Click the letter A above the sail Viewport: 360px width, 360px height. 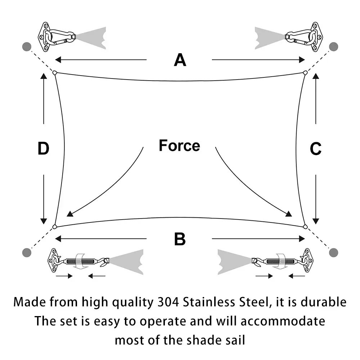pyautogui.click(x=180, y=60)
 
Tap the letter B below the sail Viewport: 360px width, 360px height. pyautogui.click(x=180, y=239)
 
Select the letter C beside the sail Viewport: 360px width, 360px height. pyautogui.click(x=315, y=149)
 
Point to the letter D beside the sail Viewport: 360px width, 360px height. pyautogui.click(x=44, y=148)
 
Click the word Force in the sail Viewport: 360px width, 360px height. pyautogui.click(x=179, y=145)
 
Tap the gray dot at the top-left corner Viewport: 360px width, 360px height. pyautogui.click(x=27, y=46)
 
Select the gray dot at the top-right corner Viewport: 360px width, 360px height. pyautogui.click(x=333, y=46)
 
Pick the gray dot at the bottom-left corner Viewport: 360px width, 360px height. pyautogui.click(x=27, y=253)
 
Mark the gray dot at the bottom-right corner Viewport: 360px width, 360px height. pyautogui.click(x=333, y=253)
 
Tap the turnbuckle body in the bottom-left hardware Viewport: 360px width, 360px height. pyautogui.click(x=80, y=261)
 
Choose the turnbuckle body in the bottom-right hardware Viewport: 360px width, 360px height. pyautogui.click(x=280, y=261)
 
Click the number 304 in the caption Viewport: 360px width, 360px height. pyautogui.click(x=168, y=302)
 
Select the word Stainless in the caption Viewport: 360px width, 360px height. pyautogui.click(x=209, y=302)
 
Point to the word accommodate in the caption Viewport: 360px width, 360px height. pyautogui.click(x=283, y=321)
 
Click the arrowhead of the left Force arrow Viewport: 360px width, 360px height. pyautogui.click(x=70, y=214)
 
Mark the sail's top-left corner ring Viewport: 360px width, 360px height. pyautogui.click(x=55, y=73)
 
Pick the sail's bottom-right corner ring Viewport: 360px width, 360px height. pyautogui.click(x=305, y=226)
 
